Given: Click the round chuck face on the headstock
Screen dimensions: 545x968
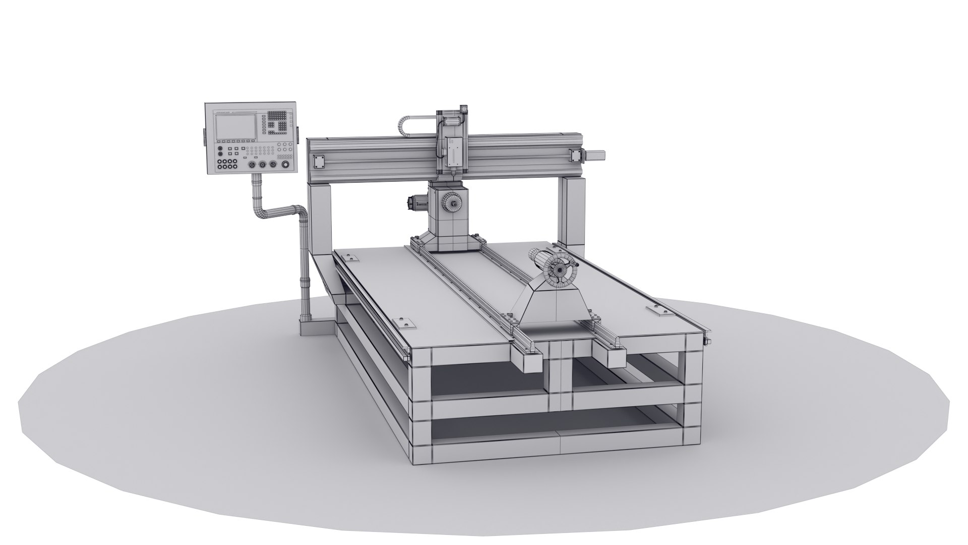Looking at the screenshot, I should [452, 203].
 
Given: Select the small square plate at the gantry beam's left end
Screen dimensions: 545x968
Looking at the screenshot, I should [319, 161].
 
